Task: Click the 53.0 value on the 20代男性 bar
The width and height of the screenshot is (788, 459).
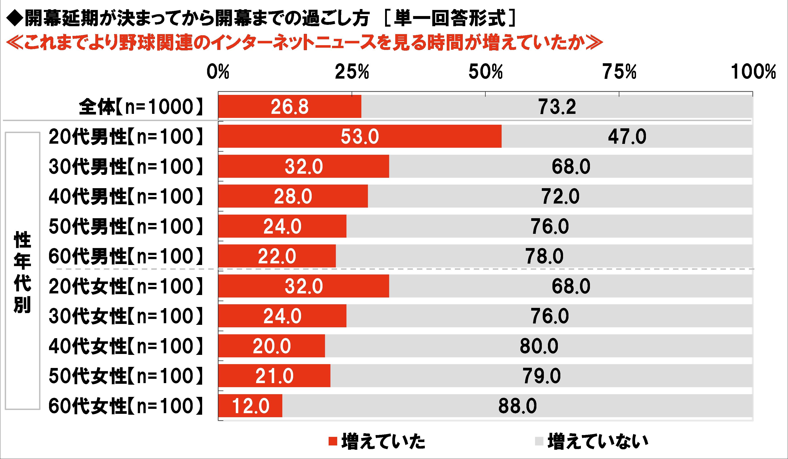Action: point(360,137)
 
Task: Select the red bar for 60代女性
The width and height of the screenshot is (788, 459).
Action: point(250,405)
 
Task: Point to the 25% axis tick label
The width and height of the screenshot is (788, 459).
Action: point(352,72)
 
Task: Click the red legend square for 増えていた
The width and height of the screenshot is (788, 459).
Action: point(333,441)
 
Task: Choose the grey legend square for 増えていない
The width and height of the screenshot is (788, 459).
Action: point(539,441)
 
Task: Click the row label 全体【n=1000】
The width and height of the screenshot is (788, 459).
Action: point(141,107)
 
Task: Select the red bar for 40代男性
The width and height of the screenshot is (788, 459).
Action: point(293,196)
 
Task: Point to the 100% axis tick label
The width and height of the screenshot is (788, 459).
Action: point(753,72)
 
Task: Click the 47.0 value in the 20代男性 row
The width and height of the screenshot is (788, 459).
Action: point(627,137)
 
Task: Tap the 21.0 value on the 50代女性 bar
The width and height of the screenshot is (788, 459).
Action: point(274,376)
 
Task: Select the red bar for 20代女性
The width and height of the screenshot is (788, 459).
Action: point(304,286)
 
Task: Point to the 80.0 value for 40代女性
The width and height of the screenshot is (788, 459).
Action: point(539,346)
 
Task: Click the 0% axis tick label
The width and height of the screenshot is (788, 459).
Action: point(218,72)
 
